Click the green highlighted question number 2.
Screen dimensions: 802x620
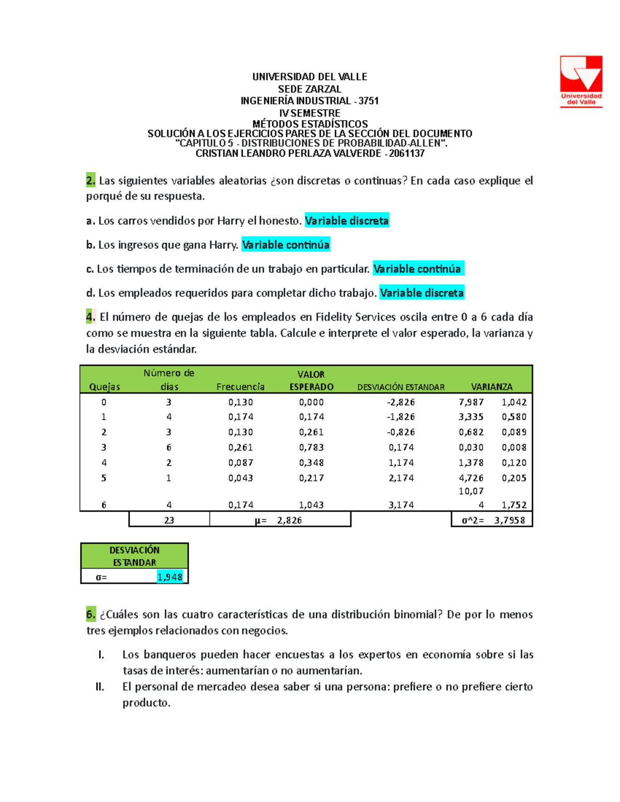pyautogui.click(x=90, y=181)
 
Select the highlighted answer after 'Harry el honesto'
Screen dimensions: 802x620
pyautogui.click(x=347, y=221)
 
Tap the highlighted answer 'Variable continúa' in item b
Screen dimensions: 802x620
pyautogui.click(x=286, y=245)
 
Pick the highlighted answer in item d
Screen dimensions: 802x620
pyautogui.click(x=422, y=293)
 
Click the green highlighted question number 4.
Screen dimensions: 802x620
pyautogui.click(x=90, y=317)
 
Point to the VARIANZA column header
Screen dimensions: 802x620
pyautogui.click(x=491, y=387)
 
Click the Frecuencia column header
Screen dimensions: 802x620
pyautogui.click(x=240, y=387)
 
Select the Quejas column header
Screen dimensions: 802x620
pyautogui.click(x=104, y=387)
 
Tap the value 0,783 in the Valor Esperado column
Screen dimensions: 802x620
pyautogui.click(x=311, y=448)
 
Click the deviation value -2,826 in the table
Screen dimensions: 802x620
pyautogui.click(x=401, y=402)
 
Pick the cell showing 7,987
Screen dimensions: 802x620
pyautogui.click(x=471, y=402)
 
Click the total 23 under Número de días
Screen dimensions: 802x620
pyautogui.click(x=169, y=520)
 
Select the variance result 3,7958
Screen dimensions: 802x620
pyautogui.click(x=509, y=520)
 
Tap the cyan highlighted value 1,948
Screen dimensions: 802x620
pyautogui.click(x=170, y=577)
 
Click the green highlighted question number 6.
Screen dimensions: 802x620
pyautogui.click(x=90, y=615)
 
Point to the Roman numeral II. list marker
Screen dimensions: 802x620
pyautogui.click(x=100, y=687)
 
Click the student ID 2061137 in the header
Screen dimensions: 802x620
pyautogui.click(x=407, y=153)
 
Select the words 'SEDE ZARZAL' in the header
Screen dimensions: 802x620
pyautogui.click(x=309, y=89)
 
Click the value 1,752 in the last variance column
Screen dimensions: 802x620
pyautogui.click(x=514, y=505)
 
